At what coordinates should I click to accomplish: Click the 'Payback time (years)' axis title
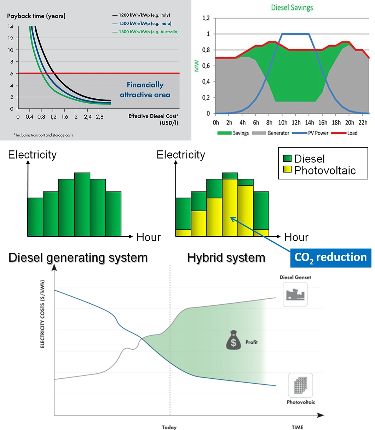36,16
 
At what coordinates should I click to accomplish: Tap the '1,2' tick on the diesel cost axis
53,117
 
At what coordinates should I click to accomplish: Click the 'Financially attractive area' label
145,90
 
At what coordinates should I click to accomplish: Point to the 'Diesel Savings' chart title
292,7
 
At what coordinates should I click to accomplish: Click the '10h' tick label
283,122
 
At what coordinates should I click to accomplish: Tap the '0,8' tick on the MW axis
206,50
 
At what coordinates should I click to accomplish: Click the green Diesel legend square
287,158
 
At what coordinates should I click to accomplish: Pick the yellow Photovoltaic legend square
287,170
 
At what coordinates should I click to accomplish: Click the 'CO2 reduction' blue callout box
330,257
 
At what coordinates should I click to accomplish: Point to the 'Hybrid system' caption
226,257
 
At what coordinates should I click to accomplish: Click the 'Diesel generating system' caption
78,257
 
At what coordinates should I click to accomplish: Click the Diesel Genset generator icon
295,294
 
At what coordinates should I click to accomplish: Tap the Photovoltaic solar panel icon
300,385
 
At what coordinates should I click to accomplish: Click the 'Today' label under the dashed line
169,427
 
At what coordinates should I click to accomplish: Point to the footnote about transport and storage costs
44,135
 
